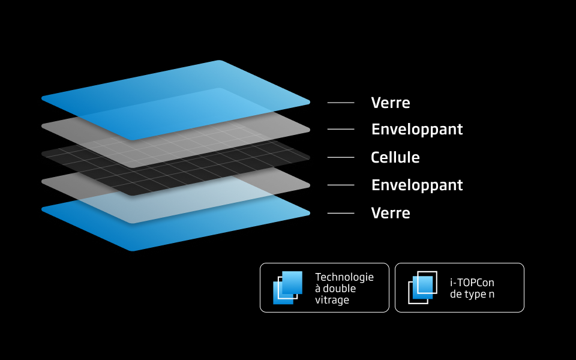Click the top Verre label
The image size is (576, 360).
391,103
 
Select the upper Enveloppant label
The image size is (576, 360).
417,130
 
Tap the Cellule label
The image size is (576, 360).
395,158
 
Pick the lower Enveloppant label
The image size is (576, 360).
417,185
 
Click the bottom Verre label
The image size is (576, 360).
391,213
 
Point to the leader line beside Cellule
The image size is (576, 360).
341,157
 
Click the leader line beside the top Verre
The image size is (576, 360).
341,103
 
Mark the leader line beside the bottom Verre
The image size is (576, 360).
341,213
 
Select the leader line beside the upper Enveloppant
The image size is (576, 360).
341,129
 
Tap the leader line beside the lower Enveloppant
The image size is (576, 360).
341,185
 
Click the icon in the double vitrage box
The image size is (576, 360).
288,287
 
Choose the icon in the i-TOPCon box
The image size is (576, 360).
422,287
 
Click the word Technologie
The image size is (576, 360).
344,277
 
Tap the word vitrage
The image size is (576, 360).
332,300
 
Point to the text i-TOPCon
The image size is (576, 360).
472,283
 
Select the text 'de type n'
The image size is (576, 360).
472,295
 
